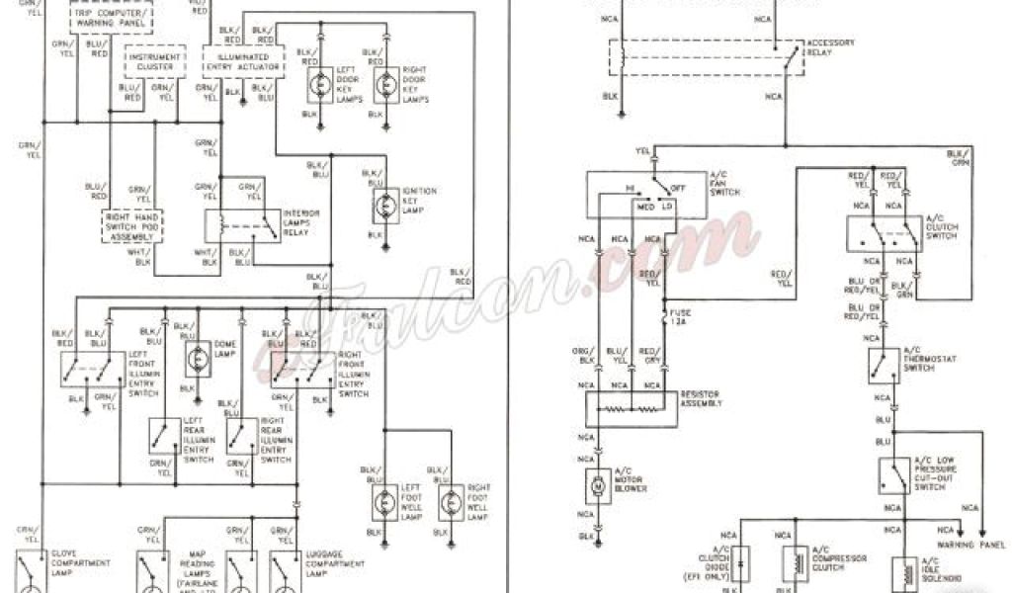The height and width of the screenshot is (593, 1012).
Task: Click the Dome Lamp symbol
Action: coord(196,363)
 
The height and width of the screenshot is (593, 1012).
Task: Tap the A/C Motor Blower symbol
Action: coord(598,485)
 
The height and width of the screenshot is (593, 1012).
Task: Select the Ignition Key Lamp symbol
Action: coord(384,205)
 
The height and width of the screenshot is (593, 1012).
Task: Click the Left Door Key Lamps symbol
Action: coord(318,86)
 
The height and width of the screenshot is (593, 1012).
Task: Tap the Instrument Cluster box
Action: coord(154,62)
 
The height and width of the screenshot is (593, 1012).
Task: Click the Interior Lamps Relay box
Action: coord(241,225)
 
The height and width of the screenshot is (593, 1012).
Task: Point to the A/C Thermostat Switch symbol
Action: coord(883,365)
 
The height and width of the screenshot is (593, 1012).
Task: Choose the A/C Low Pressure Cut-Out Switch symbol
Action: coord(894,475)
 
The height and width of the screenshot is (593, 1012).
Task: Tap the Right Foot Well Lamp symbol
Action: coord(451,502)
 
